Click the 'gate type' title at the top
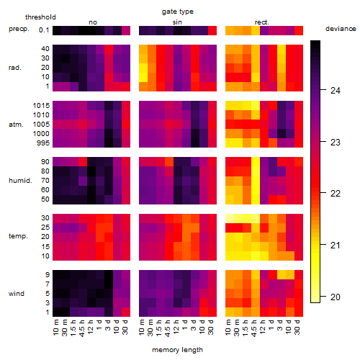click(178, 12)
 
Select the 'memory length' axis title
click(177, 350)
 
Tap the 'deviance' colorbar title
click(341, 29)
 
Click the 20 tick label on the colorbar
click(335, 297)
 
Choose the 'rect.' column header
click(261, 22)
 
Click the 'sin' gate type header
click(177, 22)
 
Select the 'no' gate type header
click(93, 22)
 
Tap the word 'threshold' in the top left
click(40, 17)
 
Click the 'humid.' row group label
click(20, 181)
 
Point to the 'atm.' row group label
click(16, 125)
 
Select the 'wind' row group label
click(17, 293)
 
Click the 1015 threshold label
click(41, 106)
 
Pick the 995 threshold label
click(43, 143)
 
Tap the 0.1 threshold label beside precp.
click(44, 30)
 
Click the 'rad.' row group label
click(15, 68)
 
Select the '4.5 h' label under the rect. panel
click(254, 328)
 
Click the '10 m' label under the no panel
click(55, 328)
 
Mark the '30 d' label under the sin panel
click(211, 328)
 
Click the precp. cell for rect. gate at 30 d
click(299, 30)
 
